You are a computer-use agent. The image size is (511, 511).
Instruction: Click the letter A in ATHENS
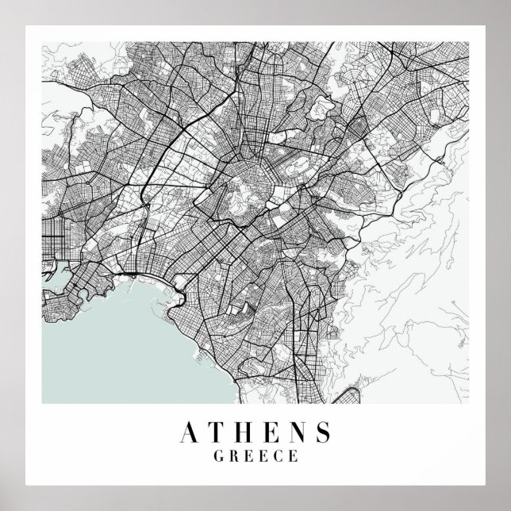tap(191, 432)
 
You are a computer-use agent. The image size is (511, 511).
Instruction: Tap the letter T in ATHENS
tap(217, 432)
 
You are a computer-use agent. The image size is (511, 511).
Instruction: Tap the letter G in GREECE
tap(219, 456)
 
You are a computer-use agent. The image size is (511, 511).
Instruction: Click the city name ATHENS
tap(256, 432)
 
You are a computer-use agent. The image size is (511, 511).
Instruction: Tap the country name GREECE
tap(255, 456)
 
